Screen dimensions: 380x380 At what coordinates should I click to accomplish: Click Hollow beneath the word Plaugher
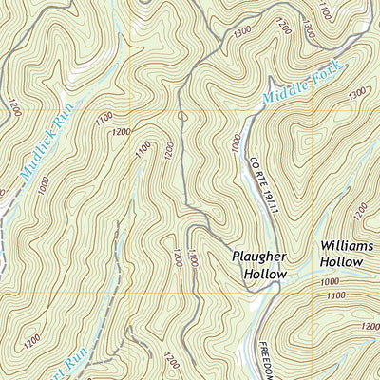pyautogui.click(x=264, y=274)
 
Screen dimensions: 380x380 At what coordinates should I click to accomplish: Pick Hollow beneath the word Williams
pyautogui.click(x=341, y=260)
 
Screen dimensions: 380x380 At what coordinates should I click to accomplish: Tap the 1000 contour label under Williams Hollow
pyautogui.click(x=331, y=282)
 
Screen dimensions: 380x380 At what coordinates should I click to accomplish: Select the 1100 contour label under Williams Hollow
pyautogui.click(x=334, y=296)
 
